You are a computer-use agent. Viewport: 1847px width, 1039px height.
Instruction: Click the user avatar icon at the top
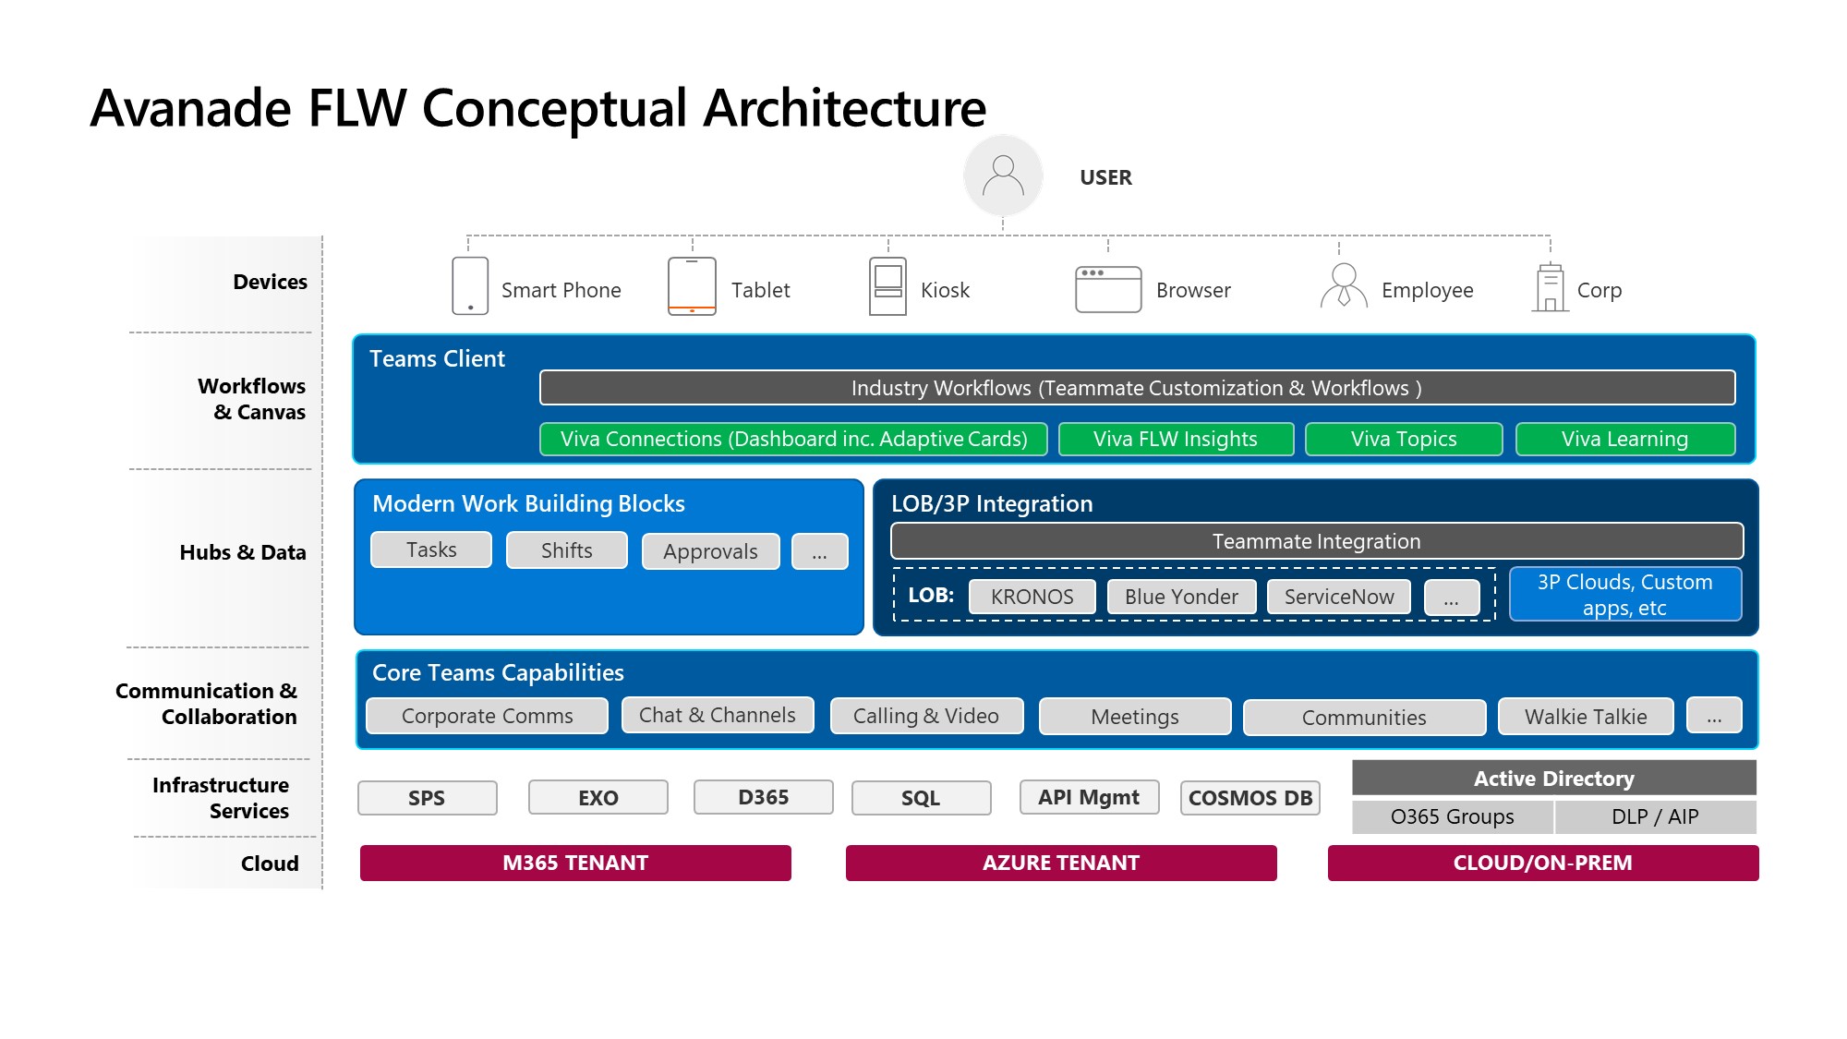click(1003, 175)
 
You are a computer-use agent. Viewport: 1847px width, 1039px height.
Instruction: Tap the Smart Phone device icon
click(470, 286)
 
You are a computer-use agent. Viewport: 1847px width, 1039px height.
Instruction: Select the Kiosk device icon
click(887, 286)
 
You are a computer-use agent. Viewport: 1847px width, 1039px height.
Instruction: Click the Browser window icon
click(1108, 289)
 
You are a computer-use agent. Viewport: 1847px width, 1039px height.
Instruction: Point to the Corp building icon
click(1551, 288)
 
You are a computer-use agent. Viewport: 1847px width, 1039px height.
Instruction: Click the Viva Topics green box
click(1404, 440)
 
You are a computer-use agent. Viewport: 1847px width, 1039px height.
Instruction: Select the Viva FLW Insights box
click(1176, 440)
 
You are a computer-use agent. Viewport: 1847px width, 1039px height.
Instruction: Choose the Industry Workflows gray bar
click(1137, 388)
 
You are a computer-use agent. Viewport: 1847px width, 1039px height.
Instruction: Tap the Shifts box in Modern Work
click(567, 550)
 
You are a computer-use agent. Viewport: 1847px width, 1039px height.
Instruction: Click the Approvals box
click(710, 551)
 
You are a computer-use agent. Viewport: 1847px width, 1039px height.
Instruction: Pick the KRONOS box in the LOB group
click(1032, 597)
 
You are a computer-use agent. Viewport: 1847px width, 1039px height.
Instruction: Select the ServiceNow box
click(1339, 597)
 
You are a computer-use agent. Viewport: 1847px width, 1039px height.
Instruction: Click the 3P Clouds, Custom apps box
click(1625, 595)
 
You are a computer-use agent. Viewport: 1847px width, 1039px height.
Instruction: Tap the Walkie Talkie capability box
click(1586, 717)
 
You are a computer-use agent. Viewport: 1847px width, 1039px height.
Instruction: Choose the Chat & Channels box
click(718, 716)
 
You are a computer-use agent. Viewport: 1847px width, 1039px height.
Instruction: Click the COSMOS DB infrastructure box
click(1250, 798)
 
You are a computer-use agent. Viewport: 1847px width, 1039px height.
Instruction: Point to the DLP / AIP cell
click(1655, 817)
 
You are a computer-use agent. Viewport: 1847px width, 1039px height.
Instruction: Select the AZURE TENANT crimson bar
click(1061, 863)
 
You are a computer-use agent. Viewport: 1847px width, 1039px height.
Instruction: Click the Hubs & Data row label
click(243, 552)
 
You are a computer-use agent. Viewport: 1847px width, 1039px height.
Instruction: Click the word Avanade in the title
click(191, 108)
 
